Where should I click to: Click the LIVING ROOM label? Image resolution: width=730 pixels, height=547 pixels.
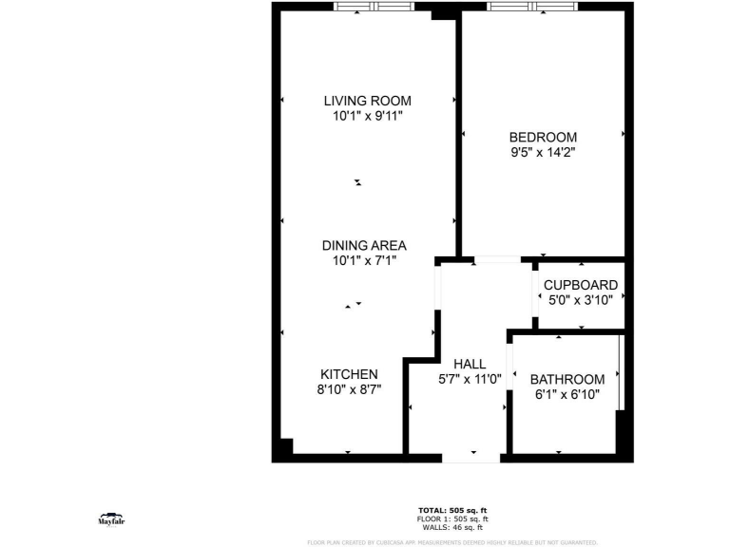[367, 101]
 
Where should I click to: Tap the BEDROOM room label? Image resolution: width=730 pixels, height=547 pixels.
[543, 137]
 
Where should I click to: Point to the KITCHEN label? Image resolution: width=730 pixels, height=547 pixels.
[349, 374]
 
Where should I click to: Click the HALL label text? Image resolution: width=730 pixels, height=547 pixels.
[470, 364]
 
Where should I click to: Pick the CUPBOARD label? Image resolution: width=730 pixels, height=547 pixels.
[580, 285]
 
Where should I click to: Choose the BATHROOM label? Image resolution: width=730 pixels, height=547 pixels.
[567, 379]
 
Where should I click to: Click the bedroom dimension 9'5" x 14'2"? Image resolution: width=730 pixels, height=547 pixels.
[543, 151]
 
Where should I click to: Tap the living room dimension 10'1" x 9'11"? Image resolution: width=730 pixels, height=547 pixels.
[367, 116]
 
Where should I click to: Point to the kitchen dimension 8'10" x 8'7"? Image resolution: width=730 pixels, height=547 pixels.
[349, 389]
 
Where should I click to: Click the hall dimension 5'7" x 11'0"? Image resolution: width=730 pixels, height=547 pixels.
[470, 379]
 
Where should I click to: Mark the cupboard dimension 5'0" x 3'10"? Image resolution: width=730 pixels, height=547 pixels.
[580, 300]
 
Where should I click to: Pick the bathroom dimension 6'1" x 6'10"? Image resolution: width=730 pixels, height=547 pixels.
[567, 394]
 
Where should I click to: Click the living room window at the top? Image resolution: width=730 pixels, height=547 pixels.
[374, 7]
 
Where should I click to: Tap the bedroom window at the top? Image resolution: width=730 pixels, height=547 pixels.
[532, 7]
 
